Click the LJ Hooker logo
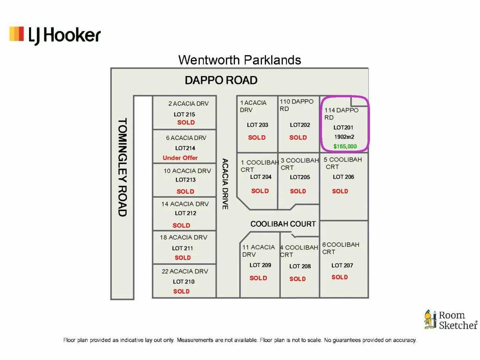tap(55, 35)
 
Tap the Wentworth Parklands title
tap(240, 60)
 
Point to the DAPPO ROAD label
tap(221, 80)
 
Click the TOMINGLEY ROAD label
tap(122, 167)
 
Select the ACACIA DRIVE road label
tap(225, 184)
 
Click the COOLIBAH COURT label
tap(283, 224)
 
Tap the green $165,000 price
tap(345, 146)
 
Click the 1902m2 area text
tap(344, 137)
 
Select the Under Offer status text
tap(180, 158)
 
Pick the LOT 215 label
tap(184, 114)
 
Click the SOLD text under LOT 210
tap(182, 291)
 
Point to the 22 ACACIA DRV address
tap(185, 271)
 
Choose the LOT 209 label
tap(260, 265)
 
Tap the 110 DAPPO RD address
tap(296, 105)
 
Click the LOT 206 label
tap(343, 177)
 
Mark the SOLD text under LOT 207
tap(340, 277)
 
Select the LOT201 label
tap(343, 128)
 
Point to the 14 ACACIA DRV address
tap(185, 204)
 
